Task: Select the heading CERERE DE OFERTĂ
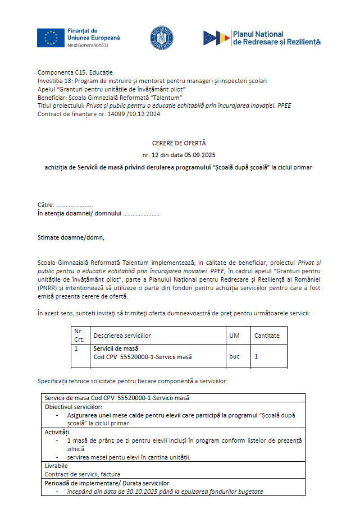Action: pyautogui.click(x=179, y=143)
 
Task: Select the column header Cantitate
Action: pyautogui.click(x=267, y=336)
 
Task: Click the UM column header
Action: pyautogui.click(x=234, y=336)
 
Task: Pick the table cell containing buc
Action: pyautogui.click(x=234, y=356)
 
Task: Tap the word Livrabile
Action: pyautogui.click(x=56, y=466)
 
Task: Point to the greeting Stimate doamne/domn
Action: pyautogui.click(x=71, y=237)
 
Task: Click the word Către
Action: pyautogui.click(x=46, y=205)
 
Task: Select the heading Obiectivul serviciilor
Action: pyautogui.click(x=74, y=406)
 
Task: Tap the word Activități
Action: pyautogui.click(x=57, y=433)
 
